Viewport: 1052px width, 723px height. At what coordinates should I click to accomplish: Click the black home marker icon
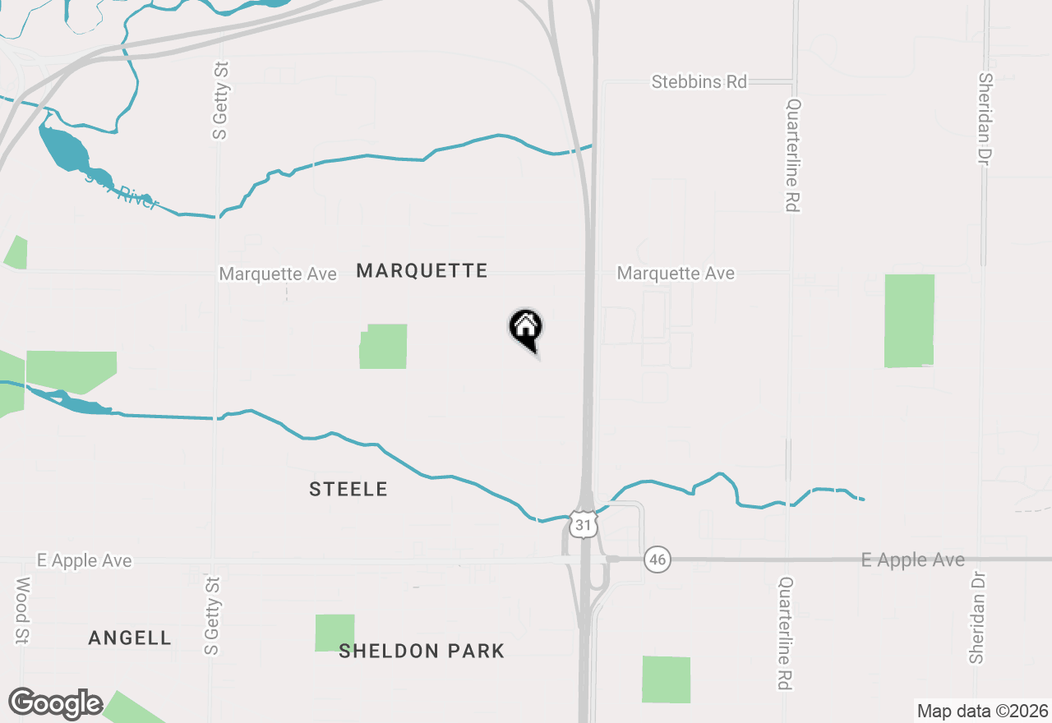click(526, 329)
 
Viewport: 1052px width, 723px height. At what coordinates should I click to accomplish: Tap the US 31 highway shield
click(583, 524)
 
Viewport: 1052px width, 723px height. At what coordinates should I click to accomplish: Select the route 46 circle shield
click(657, 560)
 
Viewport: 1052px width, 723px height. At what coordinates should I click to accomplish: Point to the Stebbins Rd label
click(699, 82)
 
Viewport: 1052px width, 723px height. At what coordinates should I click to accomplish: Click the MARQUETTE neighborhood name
click(422, 271)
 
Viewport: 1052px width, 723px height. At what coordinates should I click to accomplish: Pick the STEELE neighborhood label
click(348, 490)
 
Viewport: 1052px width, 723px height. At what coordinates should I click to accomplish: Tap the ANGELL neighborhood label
click(130, 638)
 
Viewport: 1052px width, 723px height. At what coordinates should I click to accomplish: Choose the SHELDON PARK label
click(422, 652)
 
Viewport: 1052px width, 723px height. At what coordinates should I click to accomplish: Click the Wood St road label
click(22, 610)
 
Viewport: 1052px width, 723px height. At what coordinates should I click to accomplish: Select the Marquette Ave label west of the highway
click(278, 274)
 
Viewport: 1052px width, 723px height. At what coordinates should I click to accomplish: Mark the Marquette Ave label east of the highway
click(676, 274)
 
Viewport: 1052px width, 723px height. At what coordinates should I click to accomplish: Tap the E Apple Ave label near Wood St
click(84, 561)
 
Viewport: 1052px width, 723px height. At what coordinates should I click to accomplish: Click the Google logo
click(55, 703)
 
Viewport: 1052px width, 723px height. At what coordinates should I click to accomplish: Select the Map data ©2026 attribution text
click(982, 711)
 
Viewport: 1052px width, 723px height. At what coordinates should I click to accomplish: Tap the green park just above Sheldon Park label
click(335, 633)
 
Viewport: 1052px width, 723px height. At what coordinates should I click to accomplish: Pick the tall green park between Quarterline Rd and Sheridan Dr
click(909, 320)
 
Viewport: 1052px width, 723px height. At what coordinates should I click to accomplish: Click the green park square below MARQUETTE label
click(384, 346)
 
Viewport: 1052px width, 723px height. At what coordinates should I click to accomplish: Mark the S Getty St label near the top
click(220, 99)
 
